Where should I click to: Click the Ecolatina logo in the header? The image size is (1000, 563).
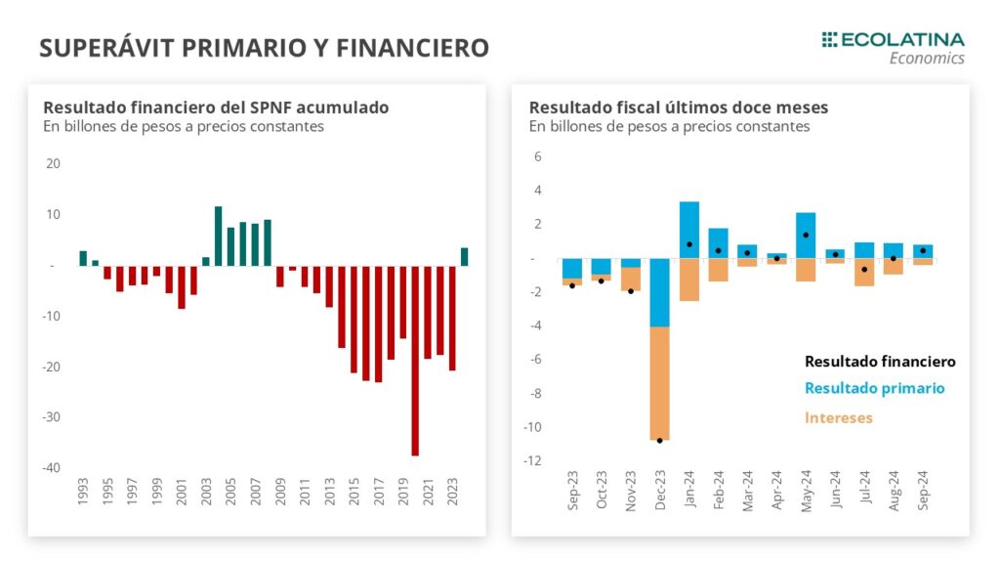[x=893, y=47]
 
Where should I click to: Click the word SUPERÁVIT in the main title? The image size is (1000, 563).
[x=104, y=48]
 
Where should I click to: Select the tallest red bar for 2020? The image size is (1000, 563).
[x=415, y=360]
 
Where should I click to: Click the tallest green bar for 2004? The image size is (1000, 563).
[x=219, y=236]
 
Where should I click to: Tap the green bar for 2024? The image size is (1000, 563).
[x=464, y=256]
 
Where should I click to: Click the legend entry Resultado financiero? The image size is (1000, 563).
[x=879, y=362]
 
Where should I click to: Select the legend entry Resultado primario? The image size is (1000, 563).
[x=874, y=388]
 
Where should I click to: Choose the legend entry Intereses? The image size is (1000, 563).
[x=838, y=417]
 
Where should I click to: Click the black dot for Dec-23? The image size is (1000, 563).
[x=659, y=440]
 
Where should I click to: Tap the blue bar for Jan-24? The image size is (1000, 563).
[x=689, y=230]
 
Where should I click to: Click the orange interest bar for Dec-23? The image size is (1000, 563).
[x=659, y=383]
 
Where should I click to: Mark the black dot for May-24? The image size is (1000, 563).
[x=806, y=235]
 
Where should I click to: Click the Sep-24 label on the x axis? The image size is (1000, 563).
[x=923, y=493]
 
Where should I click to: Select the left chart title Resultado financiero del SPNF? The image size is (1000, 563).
[x=216, y=108]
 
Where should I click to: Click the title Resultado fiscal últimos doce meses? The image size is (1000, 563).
[x=678, y=108]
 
